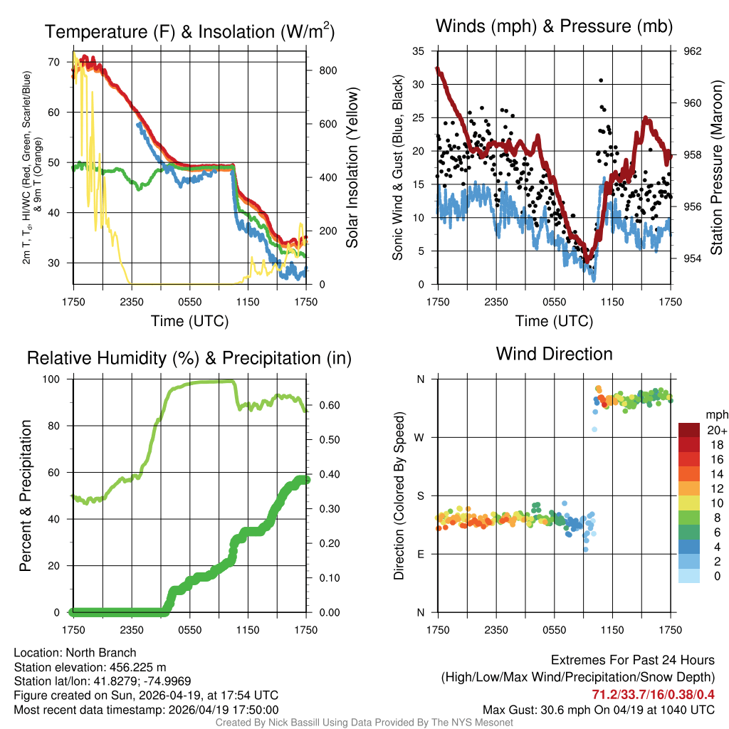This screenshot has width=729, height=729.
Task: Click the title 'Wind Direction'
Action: [x=554, y=354]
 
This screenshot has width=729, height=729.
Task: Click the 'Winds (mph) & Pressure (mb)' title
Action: [x=554, y=27]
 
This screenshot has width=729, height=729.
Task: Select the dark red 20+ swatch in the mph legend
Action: [x=690, y=430]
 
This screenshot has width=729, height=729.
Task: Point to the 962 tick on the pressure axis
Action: [x=692, y=51]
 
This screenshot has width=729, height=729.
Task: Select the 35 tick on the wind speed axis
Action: [x=419, y=51]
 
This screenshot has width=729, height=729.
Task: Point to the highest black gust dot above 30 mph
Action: [x=601, y=80]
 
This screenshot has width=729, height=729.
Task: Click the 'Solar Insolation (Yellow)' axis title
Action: [x=352, y=167]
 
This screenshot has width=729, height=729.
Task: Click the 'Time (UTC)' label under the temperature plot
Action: [x=189, y=321]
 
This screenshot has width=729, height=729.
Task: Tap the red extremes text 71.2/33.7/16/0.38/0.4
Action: [x=653, y=694]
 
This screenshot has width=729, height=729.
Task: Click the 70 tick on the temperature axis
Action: [x=54, y=62]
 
